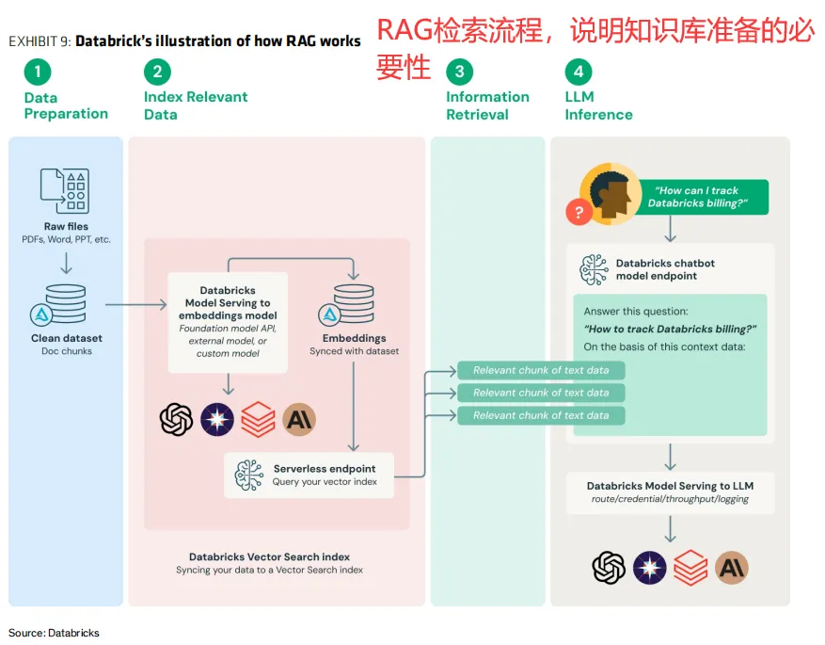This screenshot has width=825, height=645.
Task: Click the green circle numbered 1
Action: [38, 72]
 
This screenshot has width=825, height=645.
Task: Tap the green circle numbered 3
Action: [459, 72]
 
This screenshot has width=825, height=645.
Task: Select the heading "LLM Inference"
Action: [598, 105]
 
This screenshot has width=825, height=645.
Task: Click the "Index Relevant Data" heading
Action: [196, 105]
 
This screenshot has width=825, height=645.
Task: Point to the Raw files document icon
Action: [65, 191]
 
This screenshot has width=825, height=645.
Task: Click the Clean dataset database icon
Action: [65, 305]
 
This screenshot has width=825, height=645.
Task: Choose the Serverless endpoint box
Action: [309, 475]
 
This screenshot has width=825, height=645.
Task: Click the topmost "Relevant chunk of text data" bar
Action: [541, 370]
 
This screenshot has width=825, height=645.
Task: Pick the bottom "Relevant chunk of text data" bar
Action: [541, 415]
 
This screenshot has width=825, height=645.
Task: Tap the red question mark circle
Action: [579, 212]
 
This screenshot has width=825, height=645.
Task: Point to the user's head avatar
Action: [611, 193]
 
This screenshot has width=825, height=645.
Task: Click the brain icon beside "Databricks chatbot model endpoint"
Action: [594, 269]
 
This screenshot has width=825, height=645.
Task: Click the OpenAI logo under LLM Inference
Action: [609, 567]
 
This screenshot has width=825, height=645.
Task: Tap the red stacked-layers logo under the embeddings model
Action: [258, 419]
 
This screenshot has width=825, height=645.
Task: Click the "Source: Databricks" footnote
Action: [54, 633]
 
